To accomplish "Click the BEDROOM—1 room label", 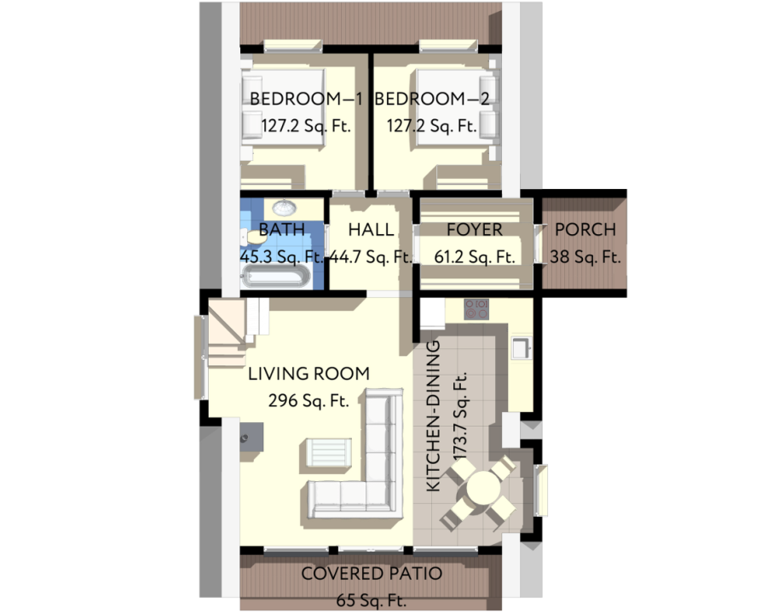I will pyautogui.click(x=306, y=99).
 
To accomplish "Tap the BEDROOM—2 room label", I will pyautogui.click(x=432, y=99).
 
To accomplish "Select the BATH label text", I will pyautogui.click(x=281, y=230).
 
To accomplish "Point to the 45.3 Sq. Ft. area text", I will pyautogui.click(x=281, y=256).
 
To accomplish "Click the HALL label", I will pyautogui.click(x=371, y=230).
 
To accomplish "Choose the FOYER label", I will pyautogui.click(x=475, y=230).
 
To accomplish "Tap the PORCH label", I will pyautogui.click(x=585, y=230).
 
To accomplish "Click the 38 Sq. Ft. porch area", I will pyautogui.click(x=585, y=256).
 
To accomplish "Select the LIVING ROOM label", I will pyautogui.click(x=309, y=373).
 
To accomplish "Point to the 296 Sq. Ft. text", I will pyautogui.click(x=309, y=400).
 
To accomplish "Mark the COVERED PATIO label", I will pyautogui.click(x=372, y=574).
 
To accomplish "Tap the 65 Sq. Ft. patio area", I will pyautogui.click(x=372, y=600).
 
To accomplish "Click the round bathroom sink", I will pyautogui.click(x=285, y=208).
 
